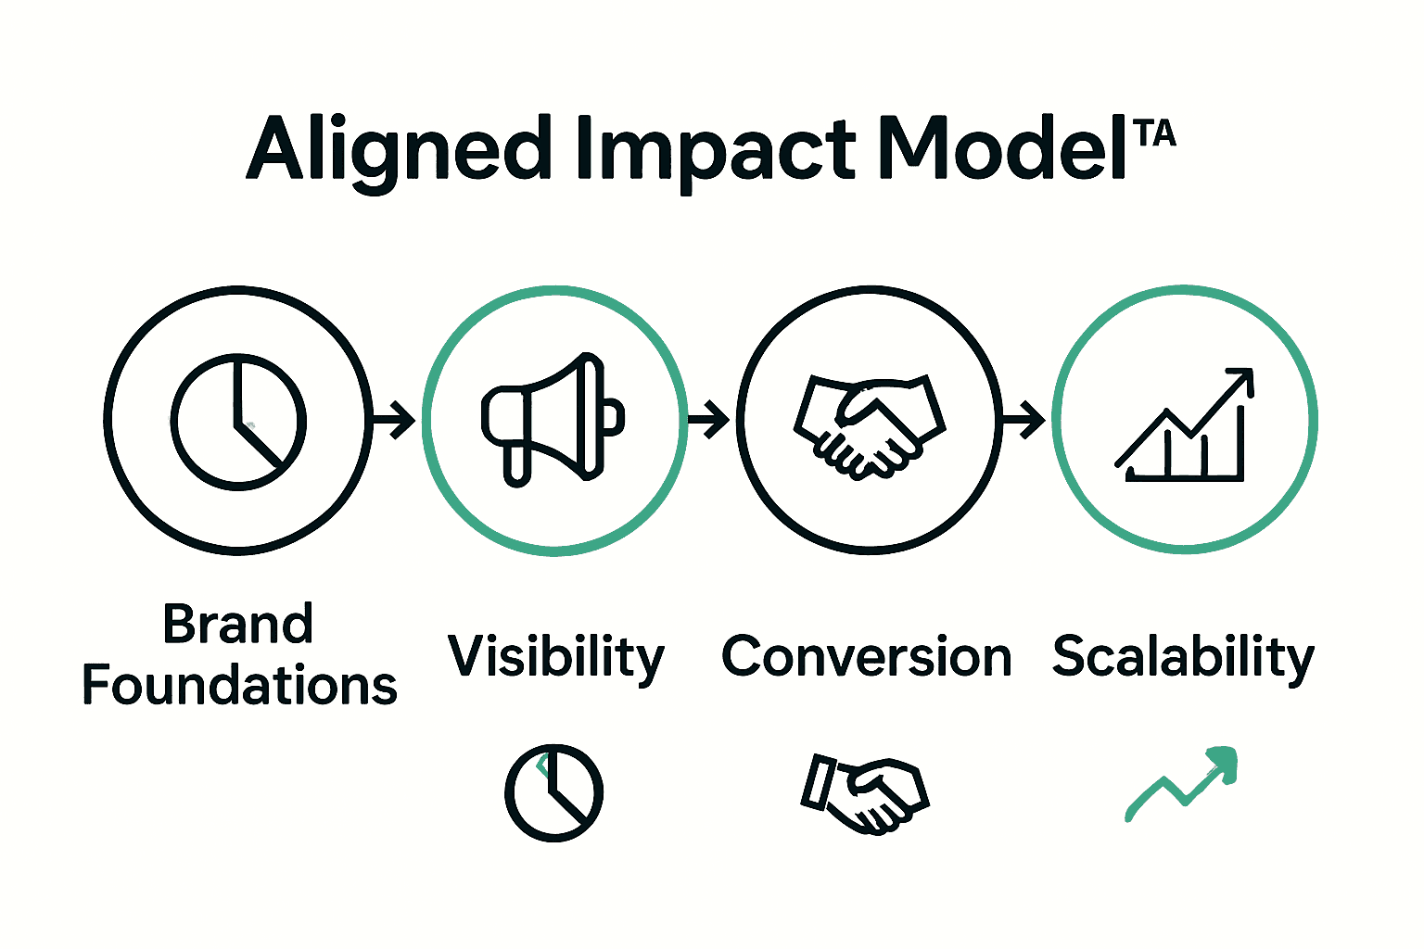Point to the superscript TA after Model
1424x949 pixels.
tap(1154, 133)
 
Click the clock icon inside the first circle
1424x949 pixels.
tap(238, 421)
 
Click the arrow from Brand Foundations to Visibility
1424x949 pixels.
tap(394, 420)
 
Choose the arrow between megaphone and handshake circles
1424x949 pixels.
tap(709, 420)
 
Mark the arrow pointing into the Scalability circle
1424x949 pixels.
tap(1024, 420)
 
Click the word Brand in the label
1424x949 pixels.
tap(238, 624)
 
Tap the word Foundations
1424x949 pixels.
tap(240, 686)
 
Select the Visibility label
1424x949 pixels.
tap(556, 657)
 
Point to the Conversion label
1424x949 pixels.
tap(866, 657)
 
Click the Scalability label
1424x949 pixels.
tap(1183, 657)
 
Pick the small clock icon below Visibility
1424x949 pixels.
tap(553, 792)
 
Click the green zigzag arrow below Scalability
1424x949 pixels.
tap(1182, 783)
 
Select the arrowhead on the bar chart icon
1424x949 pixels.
tap(1241, 379)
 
